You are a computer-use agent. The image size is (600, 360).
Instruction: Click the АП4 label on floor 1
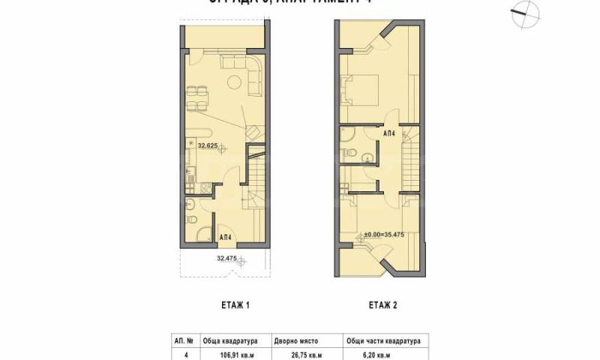coord(224,238)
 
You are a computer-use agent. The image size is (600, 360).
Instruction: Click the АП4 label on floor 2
coord(389,133)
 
